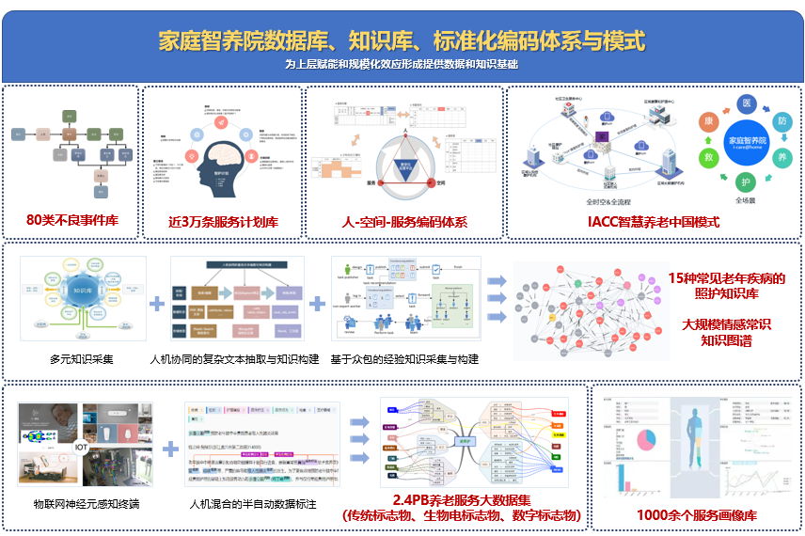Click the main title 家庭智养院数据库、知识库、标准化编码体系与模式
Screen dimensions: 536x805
tap(402, 41)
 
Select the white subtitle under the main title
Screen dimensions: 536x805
tap(402, 65)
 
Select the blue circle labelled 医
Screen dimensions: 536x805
tap(748, 102)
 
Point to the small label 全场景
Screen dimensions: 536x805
tap(747, 200)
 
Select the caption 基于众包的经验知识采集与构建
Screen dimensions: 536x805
tap(404, 359)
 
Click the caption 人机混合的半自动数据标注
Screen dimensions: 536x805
tap(253, 505)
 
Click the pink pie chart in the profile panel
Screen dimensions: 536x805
tap(646, 439)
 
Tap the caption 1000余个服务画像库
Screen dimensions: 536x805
tap(696, 515)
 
